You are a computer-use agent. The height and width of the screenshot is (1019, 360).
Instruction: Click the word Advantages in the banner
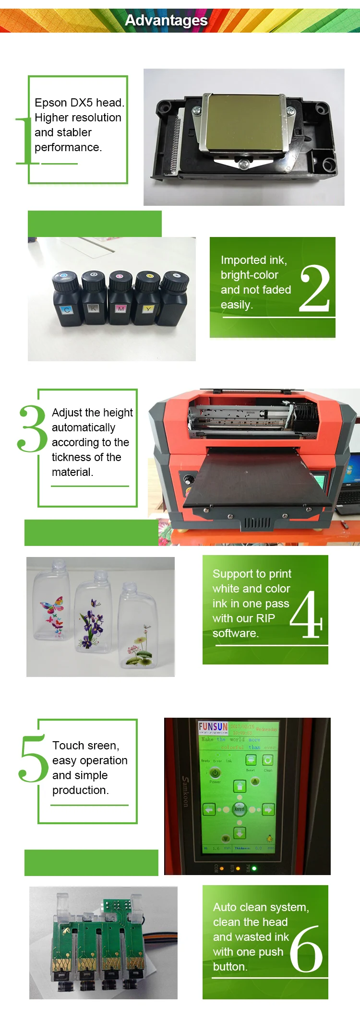(166, 20)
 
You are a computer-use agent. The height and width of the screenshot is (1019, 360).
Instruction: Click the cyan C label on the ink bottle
(67, 310)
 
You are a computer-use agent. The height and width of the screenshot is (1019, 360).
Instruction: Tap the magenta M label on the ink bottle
(121, 308)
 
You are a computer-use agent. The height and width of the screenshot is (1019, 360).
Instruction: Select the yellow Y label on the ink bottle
(148, 309)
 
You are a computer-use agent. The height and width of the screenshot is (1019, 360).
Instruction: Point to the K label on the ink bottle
(93, 308)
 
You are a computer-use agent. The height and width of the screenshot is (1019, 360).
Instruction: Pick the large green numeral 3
(32, 428)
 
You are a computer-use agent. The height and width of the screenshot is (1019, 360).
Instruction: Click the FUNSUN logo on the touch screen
(213, 727)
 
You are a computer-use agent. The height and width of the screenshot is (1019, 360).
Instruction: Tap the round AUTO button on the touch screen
(239, 809)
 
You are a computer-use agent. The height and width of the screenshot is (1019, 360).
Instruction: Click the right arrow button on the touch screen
(268, 809)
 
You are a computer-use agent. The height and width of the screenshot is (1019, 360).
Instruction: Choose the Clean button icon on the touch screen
(268, 760)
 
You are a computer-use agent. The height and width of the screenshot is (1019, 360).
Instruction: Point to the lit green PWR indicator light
(254, 868)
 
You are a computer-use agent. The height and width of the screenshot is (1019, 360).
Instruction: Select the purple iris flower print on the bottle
(93, 624)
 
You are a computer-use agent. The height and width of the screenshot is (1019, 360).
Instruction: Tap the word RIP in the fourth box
(265, 618)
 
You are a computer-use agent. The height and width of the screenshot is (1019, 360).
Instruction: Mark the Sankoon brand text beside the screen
(185, 792)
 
